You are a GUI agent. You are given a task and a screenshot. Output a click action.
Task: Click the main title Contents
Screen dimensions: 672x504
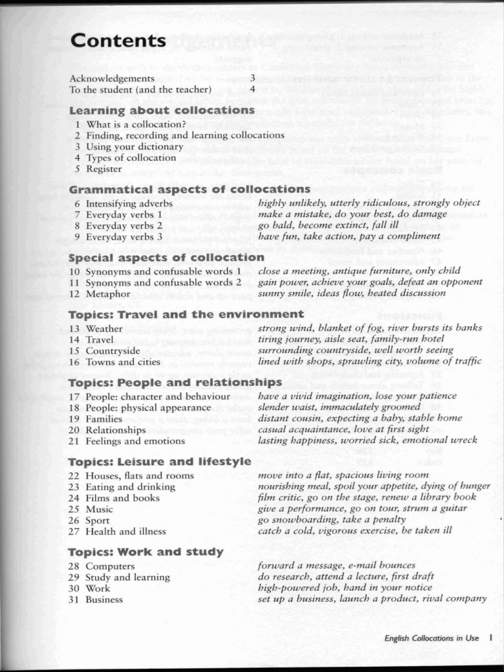(118, 41)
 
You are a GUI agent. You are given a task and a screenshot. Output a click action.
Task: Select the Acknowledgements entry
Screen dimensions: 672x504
(112, 78)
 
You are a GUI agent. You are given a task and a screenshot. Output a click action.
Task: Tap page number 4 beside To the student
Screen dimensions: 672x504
(252, 89)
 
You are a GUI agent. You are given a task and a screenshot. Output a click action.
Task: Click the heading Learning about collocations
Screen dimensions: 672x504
(161, 110)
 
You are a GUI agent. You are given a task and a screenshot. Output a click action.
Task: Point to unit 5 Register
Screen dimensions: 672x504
(99, 169)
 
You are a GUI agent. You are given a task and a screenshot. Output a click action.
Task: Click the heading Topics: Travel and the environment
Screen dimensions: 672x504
(186, 314)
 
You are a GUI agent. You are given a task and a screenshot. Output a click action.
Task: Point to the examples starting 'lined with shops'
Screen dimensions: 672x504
(369, 361)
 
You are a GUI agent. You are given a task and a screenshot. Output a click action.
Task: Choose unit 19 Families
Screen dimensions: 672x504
(97, 419)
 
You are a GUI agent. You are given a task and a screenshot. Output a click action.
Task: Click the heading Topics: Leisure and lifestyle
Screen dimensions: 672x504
(159, 461)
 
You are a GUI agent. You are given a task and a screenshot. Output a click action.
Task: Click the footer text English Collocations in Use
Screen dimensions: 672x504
(431, 638)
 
